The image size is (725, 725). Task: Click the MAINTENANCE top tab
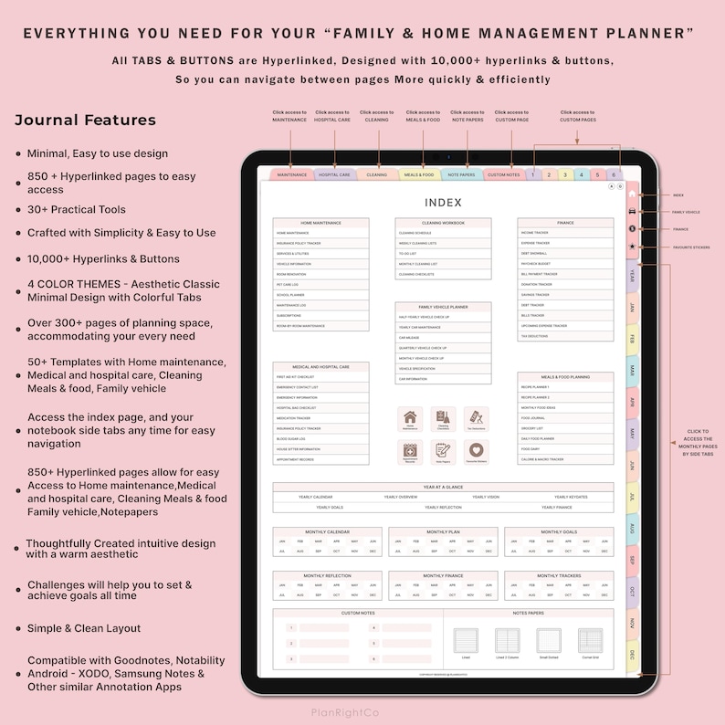point(292,174)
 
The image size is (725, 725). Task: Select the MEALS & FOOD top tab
point(419,174)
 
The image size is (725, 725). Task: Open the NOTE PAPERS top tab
point(462,174)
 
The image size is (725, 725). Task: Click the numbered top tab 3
point(566,174)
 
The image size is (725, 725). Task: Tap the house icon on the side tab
point(632,194)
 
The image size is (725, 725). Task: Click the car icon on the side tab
point(632,211)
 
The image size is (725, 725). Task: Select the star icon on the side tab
point(632,247)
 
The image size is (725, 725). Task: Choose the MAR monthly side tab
point(632,370)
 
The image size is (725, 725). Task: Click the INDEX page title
point(443,203)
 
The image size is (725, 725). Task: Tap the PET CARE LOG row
point(320,284)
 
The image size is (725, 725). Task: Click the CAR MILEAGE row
point(443,337)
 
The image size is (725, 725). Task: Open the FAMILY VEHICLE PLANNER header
point(443,307)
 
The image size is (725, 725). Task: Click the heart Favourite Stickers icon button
point(475,451)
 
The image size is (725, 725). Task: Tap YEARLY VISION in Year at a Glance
point(486,498)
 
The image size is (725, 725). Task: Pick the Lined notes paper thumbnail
point(466,641)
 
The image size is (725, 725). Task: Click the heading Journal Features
point(85,121)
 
